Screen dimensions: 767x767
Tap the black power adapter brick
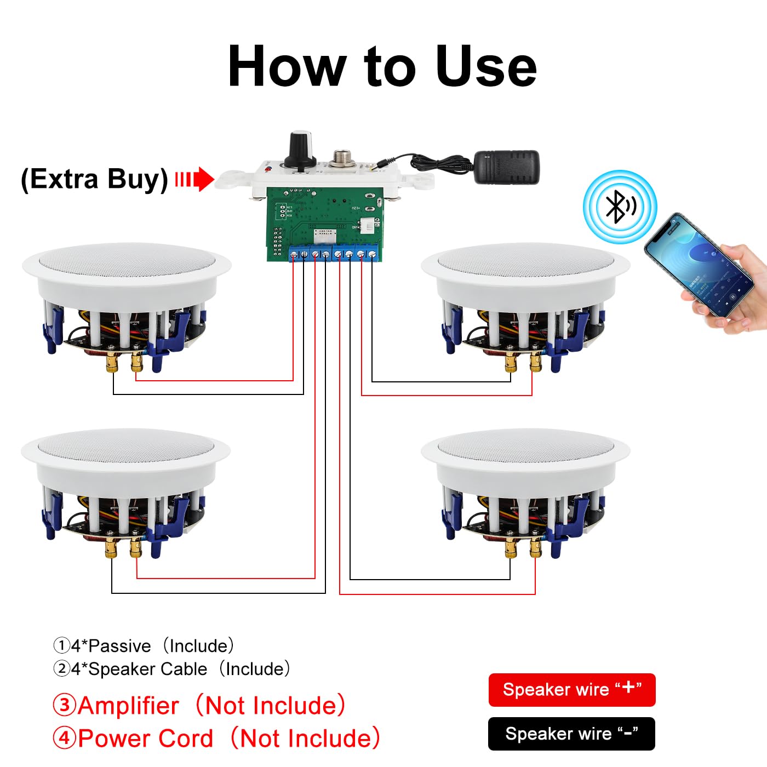(506, 167)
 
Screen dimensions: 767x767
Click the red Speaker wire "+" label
(571, 690)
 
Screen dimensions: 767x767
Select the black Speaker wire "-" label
(571, 734)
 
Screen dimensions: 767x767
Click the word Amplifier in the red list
(128, 706)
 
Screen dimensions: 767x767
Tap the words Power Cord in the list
(146, 739)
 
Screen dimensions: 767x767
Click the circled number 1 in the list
(61, 645)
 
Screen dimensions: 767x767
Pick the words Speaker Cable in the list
(148, 669)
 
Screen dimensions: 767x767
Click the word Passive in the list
(119, 646)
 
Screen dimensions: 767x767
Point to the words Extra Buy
(94, 179)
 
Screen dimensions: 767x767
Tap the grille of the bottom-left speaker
(126, 445)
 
